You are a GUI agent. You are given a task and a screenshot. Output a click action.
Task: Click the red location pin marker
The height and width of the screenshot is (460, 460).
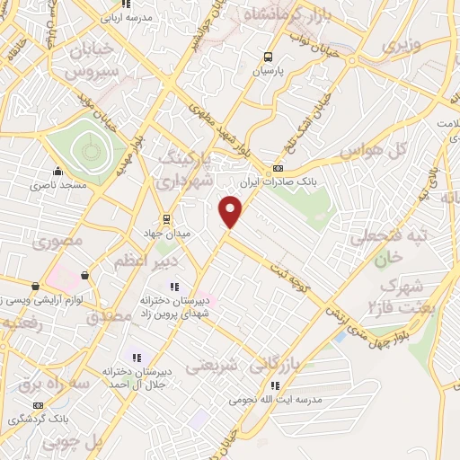tap(231, 211)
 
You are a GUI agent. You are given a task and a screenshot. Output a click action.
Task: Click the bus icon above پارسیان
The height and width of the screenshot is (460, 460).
tap(267, 57)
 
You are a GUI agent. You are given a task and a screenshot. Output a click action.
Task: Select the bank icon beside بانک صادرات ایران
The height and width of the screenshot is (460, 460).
tap(279, 168)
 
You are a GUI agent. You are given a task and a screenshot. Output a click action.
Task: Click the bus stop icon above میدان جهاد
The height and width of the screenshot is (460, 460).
tap(165, 218)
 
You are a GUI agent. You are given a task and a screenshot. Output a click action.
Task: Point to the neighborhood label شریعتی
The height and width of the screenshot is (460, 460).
tap(214, 366)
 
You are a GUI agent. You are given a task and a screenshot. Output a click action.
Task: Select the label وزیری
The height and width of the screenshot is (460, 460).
tap(401, 44)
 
